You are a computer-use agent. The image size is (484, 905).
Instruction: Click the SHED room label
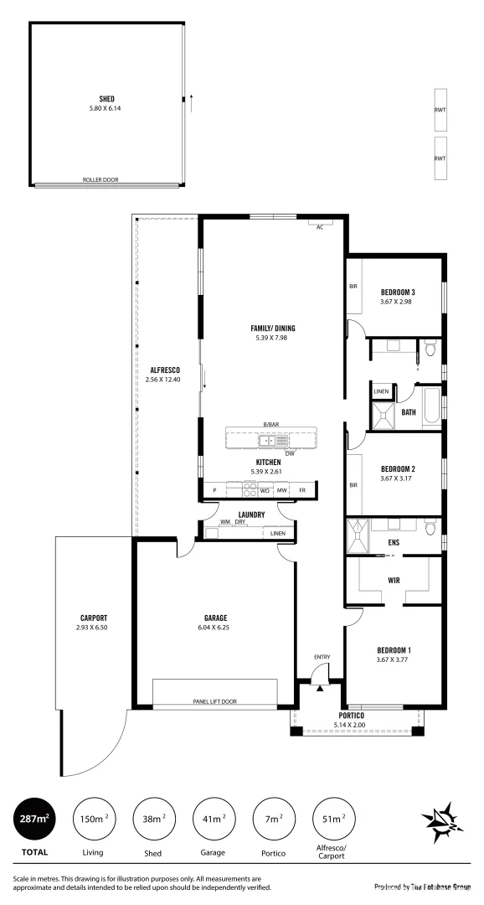[106, 99]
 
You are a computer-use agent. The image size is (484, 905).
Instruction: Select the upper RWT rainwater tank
[440, 111]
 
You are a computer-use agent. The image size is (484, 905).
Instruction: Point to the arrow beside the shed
[193, 101]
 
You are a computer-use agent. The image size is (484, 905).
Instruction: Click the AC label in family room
[319, 227]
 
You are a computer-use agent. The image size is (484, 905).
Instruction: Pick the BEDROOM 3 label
[398, 292]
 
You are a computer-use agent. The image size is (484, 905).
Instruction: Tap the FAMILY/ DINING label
[273, 328]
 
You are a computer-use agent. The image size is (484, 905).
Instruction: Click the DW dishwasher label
[290, 453]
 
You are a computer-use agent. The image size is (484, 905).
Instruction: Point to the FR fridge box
[302, 490]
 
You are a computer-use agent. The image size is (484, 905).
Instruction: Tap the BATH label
[409, 411]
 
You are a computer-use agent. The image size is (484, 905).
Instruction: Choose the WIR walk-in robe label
[394, 579]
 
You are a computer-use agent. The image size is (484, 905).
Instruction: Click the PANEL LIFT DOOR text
[216, 701]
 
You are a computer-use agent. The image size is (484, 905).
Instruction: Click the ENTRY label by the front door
[322, 656]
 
